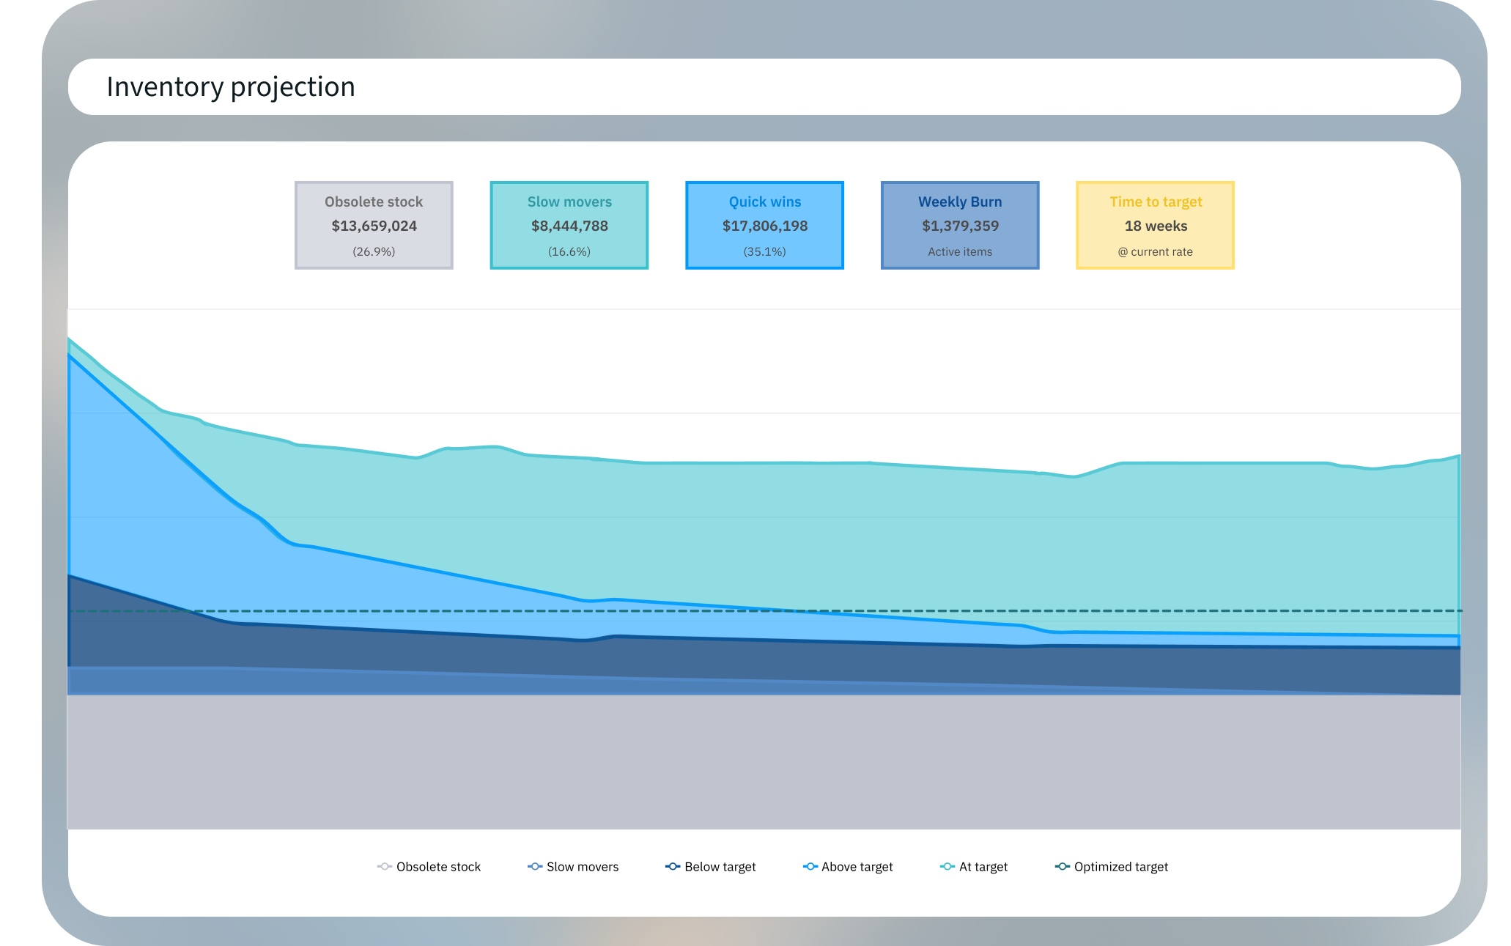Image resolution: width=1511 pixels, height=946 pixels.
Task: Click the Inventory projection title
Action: point(231,87)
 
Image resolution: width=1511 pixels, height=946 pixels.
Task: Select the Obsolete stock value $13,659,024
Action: point(374,226)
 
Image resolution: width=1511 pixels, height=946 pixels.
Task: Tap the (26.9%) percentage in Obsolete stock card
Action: point(374,252)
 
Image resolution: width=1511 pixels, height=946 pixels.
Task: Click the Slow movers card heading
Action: point(569,202)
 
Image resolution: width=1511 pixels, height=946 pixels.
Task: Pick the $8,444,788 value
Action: point(569,226)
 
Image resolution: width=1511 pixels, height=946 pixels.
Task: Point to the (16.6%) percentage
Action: point(569,252)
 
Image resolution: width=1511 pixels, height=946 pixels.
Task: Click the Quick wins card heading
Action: point(764,202)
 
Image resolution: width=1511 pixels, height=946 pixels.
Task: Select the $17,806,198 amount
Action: point(764,226)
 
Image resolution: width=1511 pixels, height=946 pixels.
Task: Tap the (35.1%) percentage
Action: point(764,252)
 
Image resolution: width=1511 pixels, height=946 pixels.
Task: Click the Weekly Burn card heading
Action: point(960,202)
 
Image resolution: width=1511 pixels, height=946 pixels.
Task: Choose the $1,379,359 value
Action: point(960,226)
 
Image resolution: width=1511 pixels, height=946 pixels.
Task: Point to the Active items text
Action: point(960,252)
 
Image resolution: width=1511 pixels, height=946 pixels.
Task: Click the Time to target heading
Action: point(1156,202)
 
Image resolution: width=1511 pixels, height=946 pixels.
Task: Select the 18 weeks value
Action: point(1156,226)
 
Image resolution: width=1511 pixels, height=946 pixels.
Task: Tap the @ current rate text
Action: point(1156,252)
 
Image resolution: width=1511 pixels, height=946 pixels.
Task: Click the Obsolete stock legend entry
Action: point(429,867)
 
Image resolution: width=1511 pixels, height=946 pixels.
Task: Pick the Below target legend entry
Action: point(711,867)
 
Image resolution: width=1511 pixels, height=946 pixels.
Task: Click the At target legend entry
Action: point(974,867)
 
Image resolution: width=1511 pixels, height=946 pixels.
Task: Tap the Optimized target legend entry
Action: point(1112,867)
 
